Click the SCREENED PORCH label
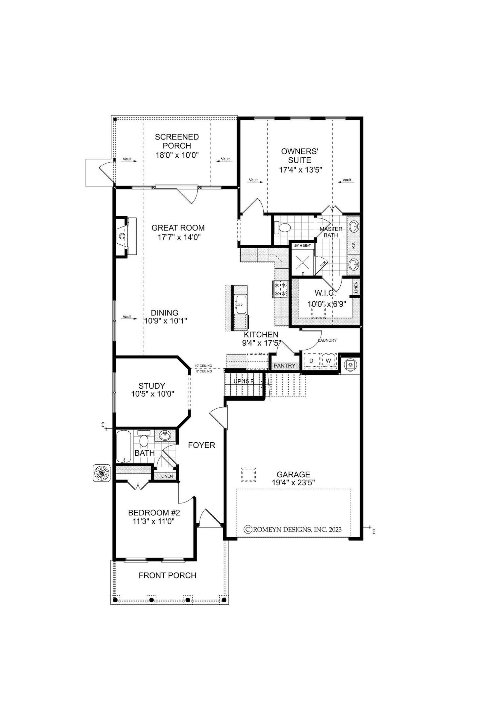177,141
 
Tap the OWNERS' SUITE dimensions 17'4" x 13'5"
301,170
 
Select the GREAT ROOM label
178,228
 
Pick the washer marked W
328,361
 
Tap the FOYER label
201,445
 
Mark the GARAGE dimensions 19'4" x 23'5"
293,483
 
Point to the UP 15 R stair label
244,381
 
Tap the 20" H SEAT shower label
302,245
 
